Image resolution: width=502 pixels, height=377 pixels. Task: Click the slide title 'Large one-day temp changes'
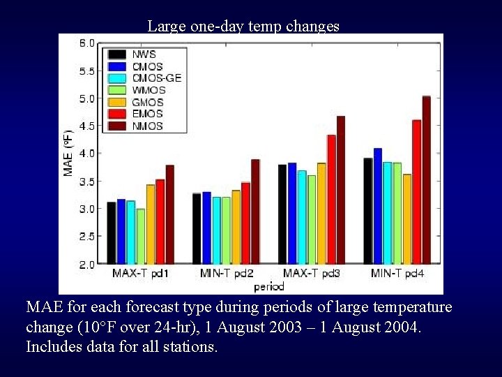pos(243,27)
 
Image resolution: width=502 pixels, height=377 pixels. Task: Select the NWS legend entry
pos(144,54)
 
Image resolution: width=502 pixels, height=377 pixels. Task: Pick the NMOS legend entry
pos(147,126)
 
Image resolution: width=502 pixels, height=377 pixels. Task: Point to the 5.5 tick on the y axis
pos(86,71)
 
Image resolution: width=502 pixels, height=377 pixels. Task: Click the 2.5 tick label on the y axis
pos(86,237)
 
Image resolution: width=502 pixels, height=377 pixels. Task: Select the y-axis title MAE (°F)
pos(68,153)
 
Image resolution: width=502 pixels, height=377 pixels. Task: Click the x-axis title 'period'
pos(268,286)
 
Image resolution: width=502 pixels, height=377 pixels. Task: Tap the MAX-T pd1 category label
pos(140,274)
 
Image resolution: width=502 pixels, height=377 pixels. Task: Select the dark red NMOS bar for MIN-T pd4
pos(426,179)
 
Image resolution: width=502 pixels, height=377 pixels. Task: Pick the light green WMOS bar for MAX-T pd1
pos(141,236)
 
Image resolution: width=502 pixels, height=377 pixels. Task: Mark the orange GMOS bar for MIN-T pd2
pos(236,226)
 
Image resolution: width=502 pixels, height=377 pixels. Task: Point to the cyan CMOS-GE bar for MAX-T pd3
pos(302,216)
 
